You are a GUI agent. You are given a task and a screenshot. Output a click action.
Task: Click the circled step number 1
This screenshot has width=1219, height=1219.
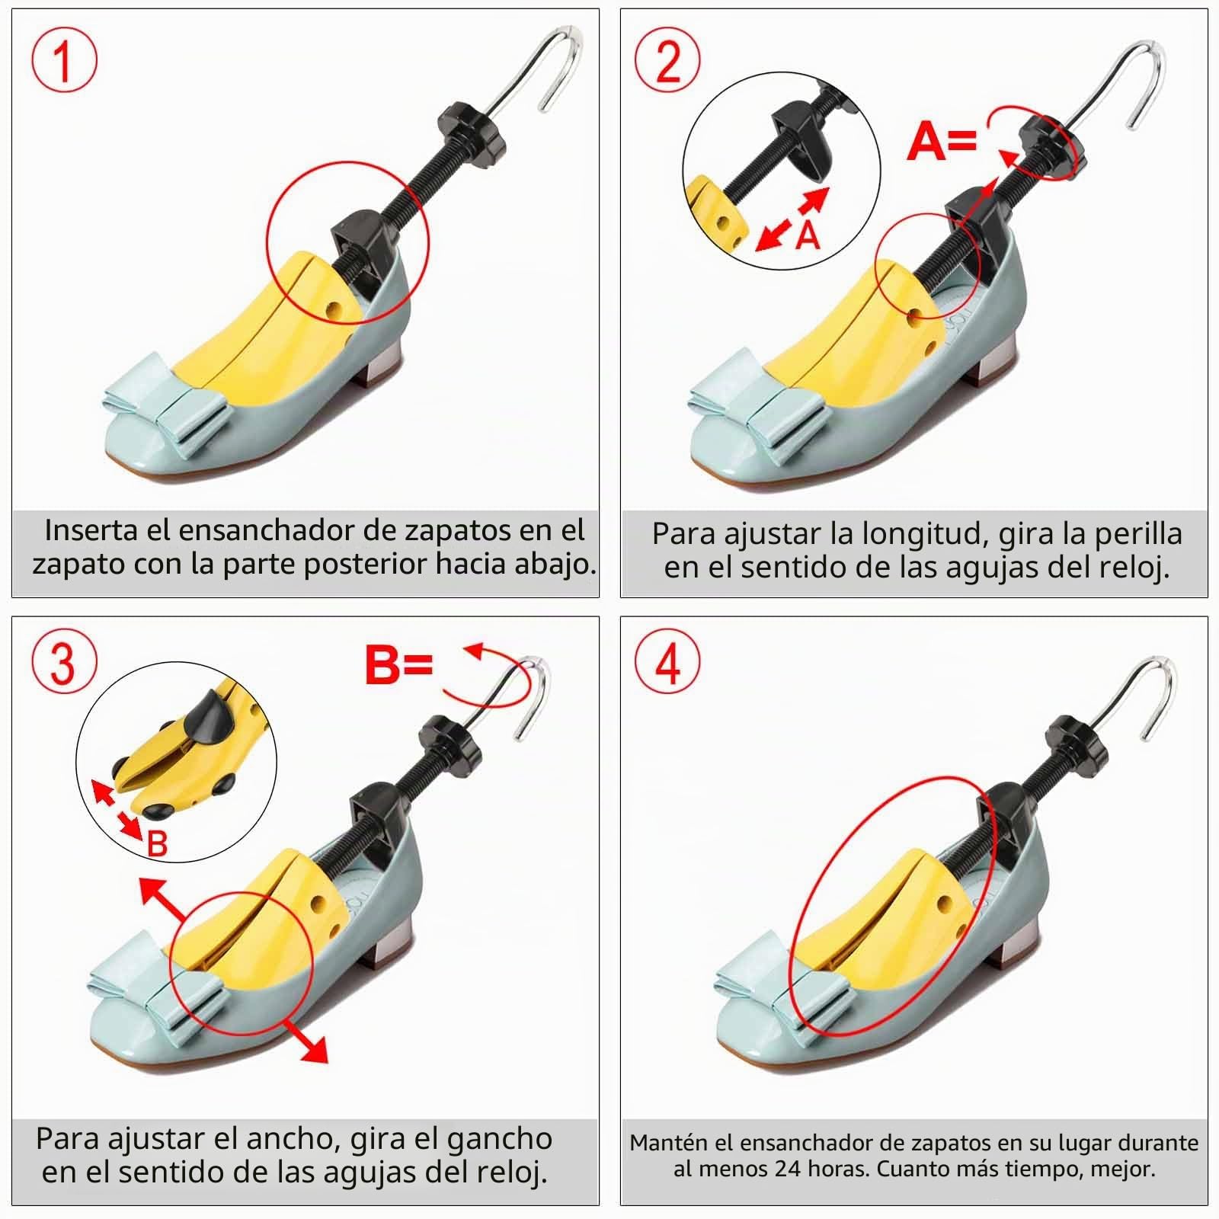point(64,61)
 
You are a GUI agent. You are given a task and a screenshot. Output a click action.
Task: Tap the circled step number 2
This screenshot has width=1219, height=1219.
point(667,61)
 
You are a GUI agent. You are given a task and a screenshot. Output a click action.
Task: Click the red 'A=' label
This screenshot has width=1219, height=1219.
point(942,142)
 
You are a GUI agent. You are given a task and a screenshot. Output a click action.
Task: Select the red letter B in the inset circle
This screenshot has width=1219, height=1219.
point(157,843)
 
